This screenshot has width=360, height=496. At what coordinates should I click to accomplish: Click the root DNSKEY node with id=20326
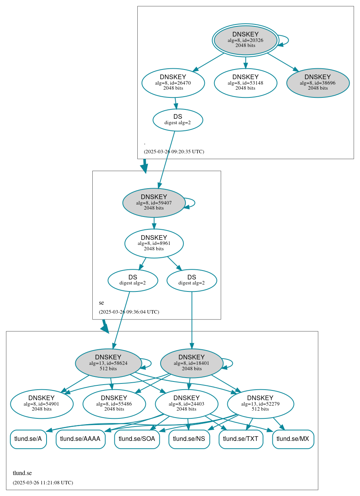(245, 40)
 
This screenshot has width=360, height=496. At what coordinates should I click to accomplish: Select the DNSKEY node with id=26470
(173, 83)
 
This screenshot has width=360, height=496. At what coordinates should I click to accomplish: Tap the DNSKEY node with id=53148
(245, 83)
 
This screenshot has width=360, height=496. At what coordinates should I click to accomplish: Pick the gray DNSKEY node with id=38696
(318, 83)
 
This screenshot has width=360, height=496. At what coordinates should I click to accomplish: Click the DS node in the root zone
(178, 120)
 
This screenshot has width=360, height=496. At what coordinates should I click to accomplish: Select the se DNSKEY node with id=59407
(154, 203)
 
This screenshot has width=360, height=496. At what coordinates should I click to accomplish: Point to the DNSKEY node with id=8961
(154, 243)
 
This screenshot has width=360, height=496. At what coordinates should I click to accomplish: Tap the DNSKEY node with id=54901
(42, 404)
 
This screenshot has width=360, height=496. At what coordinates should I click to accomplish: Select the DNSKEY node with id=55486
(114, 404)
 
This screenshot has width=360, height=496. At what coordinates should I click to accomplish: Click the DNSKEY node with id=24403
(187, 404)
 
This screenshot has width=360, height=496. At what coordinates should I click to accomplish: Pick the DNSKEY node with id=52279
(260, 404)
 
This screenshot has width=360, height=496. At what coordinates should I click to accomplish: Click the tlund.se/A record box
(28, 439)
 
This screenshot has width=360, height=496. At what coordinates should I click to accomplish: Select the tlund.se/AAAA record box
(81, 439)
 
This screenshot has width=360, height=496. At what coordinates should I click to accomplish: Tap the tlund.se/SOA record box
(137, 439)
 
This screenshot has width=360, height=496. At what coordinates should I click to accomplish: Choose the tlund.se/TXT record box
(241, 439)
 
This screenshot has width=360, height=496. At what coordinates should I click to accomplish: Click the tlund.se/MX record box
(293, 439)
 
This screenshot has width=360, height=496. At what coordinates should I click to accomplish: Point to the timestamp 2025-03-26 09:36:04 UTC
(129, 312)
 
